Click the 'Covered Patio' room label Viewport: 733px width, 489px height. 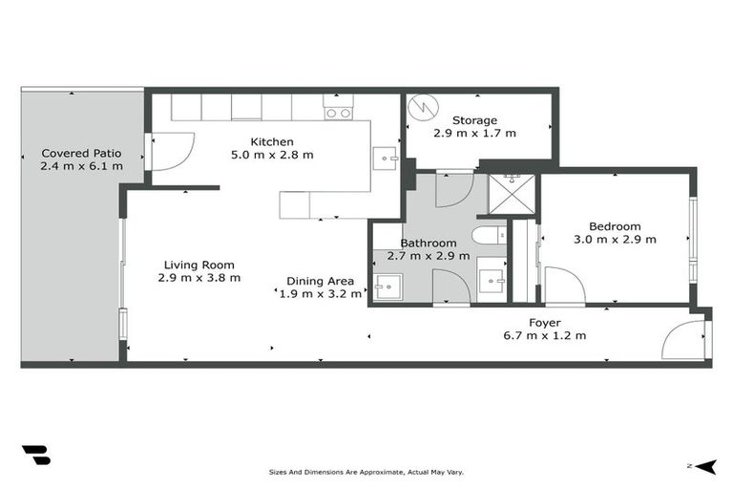(x=80, y=153)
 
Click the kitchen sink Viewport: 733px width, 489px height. (x=385, y=156)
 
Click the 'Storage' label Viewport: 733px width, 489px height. (x=474, y=120)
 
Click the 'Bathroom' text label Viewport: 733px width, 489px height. (x=428, y=244)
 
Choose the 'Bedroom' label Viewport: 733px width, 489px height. (x=615, y=226)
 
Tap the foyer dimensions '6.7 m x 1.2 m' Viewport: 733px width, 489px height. (x=544, y=335)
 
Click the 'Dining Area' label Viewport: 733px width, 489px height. (x=320, y=281)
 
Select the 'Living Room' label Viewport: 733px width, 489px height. (x=199, y=265)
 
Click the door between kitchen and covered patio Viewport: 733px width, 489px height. (x=168, y=152)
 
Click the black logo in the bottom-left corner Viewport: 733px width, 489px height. (x=35, y=455)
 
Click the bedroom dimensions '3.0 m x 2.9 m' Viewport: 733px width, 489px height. (x=615, y=240)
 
